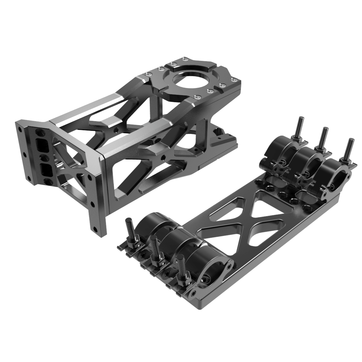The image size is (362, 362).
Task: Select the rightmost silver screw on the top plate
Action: (x=233, y=80)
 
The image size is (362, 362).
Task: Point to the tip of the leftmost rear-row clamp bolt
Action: (x=301, y=118)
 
